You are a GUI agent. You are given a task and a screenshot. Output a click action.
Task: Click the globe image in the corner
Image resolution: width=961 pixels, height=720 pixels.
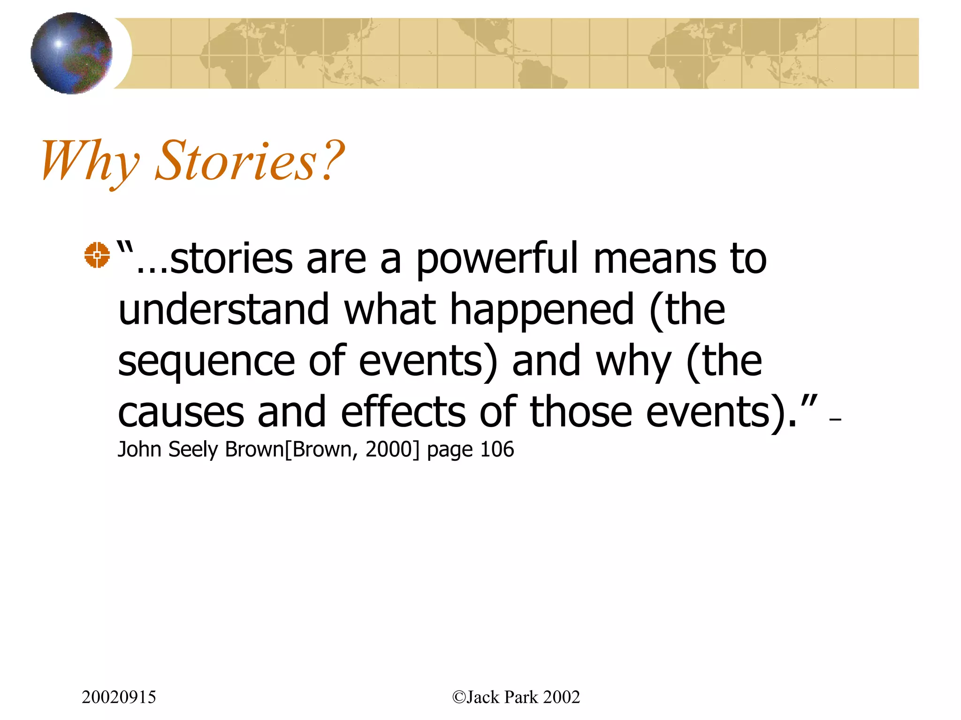coord(71,53)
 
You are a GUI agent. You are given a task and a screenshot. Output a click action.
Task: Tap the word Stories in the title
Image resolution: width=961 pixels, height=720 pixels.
coord(236,161)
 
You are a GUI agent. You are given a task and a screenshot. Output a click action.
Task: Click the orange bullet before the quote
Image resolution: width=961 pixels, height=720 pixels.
coord(97,255)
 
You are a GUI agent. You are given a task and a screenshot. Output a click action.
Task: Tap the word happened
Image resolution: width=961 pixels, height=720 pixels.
coord(542,310)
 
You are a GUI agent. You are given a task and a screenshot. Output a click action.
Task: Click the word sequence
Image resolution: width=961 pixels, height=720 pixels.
coord(206,362)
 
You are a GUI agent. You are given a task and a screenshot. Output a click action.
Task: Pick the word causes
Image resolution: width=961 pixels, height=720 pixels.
coord(181,412)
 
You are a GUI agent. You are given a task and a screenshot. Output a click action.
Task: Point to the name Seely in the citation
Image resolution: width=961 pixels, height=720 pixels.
coord(193,450)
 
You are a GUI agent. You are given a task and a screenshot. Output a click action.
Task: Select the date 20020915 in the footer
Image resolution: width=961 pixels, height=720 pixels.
coord(119,697)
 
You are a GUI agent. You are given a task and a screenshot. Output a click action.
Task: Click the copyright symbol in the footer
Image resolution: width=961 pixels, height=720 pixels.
coord(458,697)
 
